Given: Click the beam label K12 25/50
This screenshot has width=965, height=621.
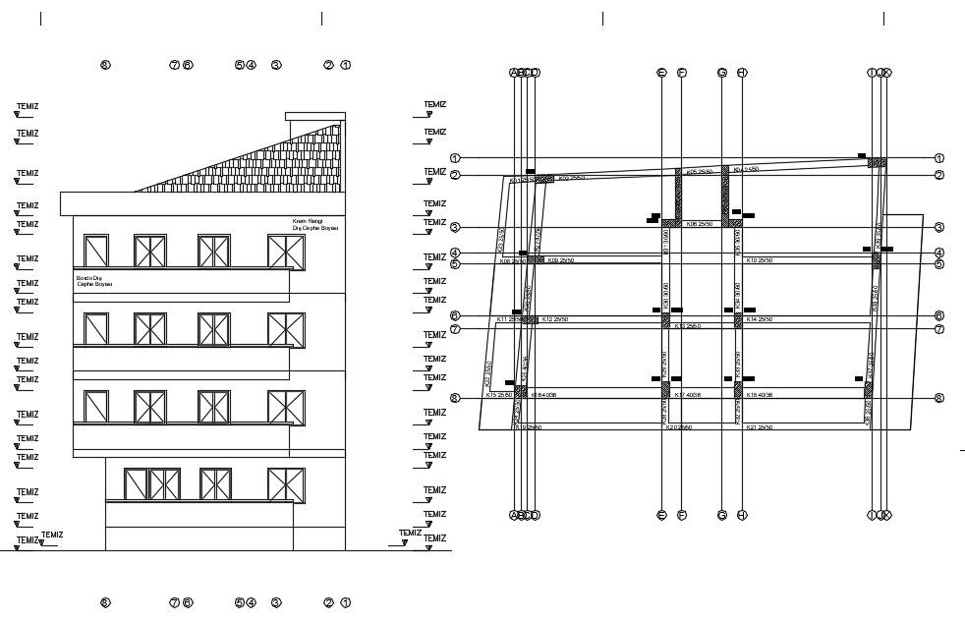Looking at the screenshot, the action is [555, 320].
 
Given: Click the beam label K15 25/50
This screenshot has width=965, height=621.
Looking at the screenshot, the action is [500, 395].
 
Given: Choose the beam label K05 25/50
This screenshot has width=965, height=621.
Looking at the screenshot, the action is [698, 172].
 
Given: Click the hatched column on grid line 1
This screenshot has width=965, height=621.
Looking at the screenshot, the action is [877, 162].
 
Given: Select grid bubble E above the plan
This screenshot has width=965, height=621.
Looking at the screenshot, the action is [661, 73].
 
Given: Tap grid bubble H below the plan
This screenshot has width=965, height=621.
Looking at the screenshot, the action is [742, 515].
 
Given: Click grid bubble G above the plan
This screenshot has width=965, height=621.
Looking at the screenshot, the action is [722, 73].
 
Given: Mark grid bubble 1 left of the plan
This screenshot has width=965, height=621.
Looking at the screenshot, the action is [455, 158].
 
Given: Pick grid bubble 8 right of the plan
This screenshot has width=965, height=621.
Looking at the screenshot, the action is [939, 398].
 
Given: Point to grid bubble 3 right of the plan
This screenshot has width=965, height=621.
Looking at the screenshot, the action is [939, 228].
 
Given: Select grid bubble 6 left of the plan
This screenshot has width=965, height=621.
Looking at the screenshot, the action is [455, 315].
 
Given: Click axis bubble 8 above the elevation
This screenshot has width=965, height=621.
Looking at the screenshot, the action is [106, 66].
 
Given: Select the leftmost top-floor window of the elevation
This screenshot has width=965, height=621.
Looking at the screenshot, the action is [96, 251].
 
